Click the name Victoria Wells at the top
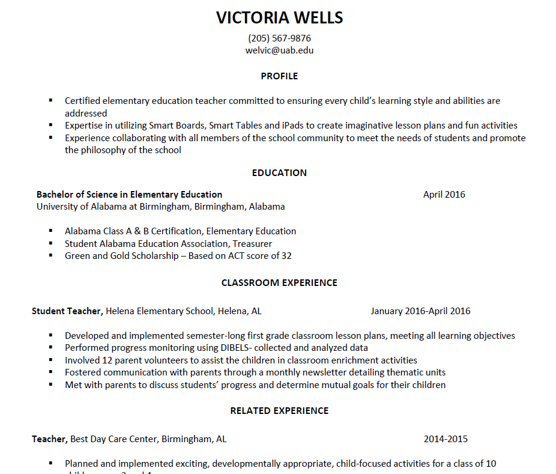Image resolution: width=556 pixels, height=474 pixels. (x=279, y=18)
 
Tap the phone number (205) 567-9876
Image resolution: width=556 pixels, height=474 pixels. (x=279, y=38)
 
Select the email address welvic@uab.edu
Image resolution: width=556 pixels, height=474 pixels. (x=279, y=50)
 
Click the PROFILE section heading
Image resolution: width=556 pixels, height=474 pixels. (x=279, y=76)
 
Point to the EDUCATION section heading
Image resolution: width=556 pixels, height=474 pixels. (x=279, y=173)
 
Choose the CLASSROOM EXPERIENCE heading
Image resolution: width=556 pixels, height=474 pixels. (x=279, y=283)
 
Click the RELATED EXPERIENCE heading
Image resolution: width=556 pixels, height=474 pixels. (x=279, y=411)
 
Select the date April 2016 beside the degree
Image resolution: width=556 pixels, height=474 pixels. (x=444, y=195)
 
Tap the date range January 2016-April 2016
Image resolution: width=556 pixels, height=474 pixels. (x=420, y=311)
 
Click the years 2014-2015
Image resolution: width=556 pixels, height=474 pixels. (x=445, y=439)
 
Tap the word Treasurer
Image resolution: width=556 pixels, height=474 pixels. (x=252, y=244)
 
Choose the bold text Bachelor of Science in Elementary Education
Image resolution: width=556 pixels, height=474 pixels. (x=129, y=195)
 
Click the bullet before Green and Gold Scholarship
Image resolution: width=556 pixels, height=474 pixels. (x=51, y=255)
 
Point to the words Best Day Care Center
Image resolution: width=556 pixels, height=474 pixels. (x=114, y=439)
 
